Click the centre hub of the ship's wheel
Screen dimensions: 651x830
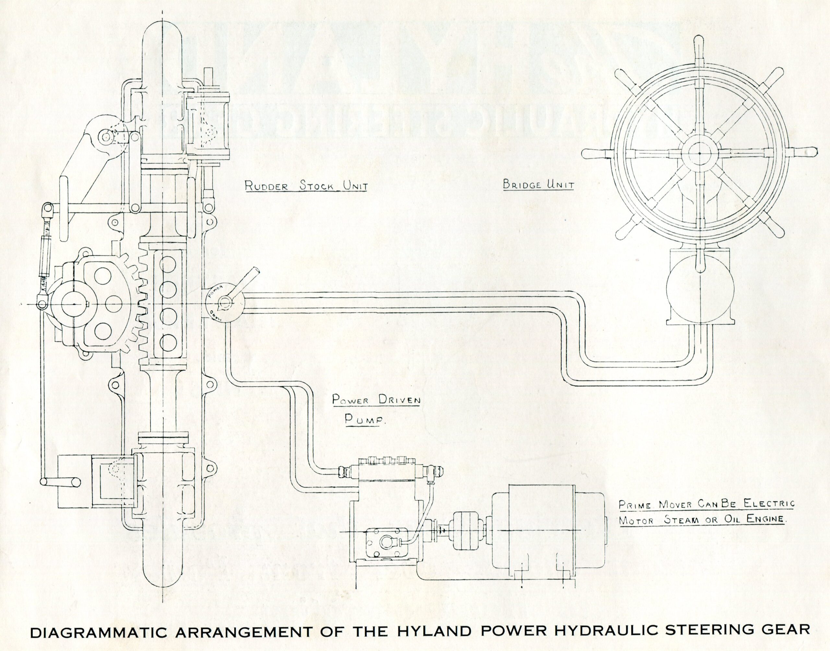coord(700,154)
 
